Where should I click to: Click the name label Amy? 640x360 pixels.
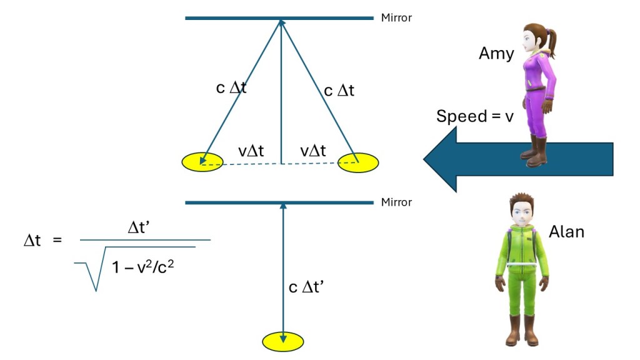click(x=496, y=53)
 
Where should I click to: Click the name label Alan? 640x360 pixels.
click(x=566, y=231)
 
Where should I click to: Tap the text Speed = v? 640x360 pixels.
click(x=474, y=116)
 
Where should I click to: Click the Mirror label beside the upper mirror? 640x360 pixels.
click(x=396, y=18)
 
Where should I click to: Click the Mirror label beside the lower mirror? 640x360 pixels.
click(x=396, y=202)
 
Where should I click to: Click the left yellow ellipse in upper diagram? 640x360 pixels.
click(x=202, y=162)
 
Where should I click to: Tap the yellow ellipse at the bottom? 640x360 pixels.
click(x=283, y=341)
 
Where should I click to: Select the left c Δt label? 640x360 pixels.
click(x=231, y=87)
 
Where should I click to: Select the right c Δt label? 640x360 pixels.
click(x=339, y=91)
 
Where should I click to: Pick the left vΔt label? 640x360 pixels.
click(x=251, y=151)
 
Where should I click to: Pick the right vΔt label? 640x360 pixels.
click(x=312, y=151)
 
